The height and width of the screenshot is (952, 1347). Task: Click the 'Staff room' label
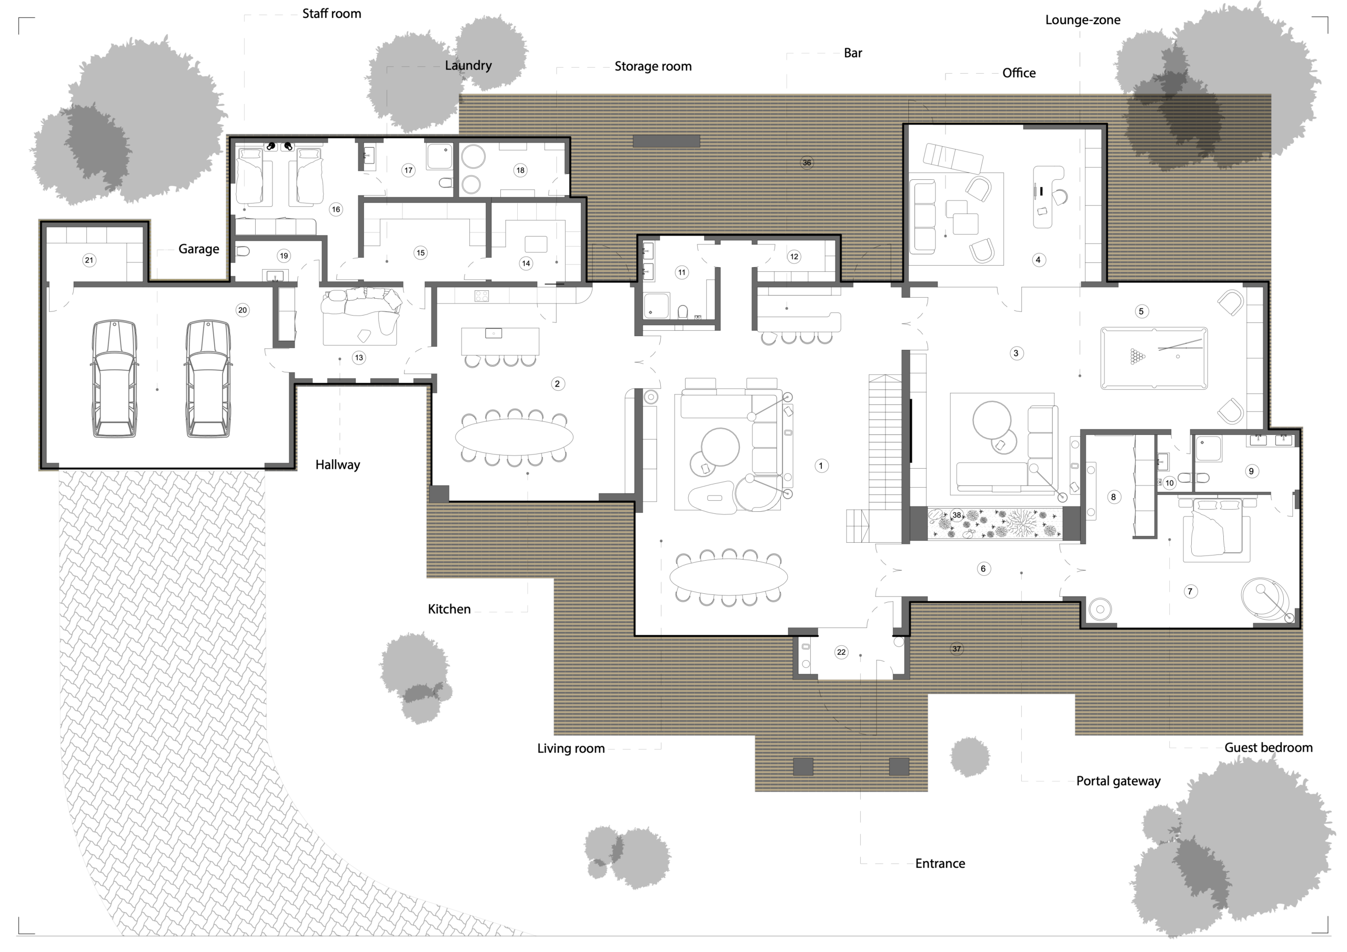click(331, 14)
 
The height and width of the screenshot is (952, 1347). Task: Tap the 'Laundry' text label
click(468, 66)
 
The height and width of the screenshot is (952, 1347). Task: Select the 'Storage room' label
click(653, 66)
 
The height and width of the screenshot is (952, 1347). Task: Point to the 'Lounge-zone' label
click(1082, 20)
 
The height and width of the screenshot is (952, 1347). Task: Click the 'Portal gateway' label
click(1118, 781)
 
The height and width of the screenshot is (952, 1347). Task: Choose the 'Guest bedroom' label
click(1269, 748)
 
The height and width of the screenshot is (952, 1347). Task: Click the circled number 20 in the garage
click(242, 310)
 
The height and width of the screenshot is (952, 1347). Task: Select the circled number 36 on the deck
click(807, 163)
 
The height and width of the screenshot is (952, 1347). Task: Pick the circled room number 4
click(1038, 260)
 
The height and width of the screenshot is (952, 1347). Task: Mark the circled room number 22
click(841, 652)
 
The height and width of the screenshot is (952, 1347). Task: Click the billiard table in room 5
click(1154, 358)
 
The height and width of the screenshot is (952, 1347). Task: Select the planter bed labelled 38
click(994, 523)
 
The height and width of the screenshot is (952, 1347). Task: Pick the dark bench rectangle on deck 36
click(666, 141)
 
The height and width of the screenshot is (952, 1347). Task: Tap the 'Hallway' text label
click(337, 464)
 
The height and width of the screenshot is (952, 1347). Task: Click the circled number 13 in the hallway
click(359, 357)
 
